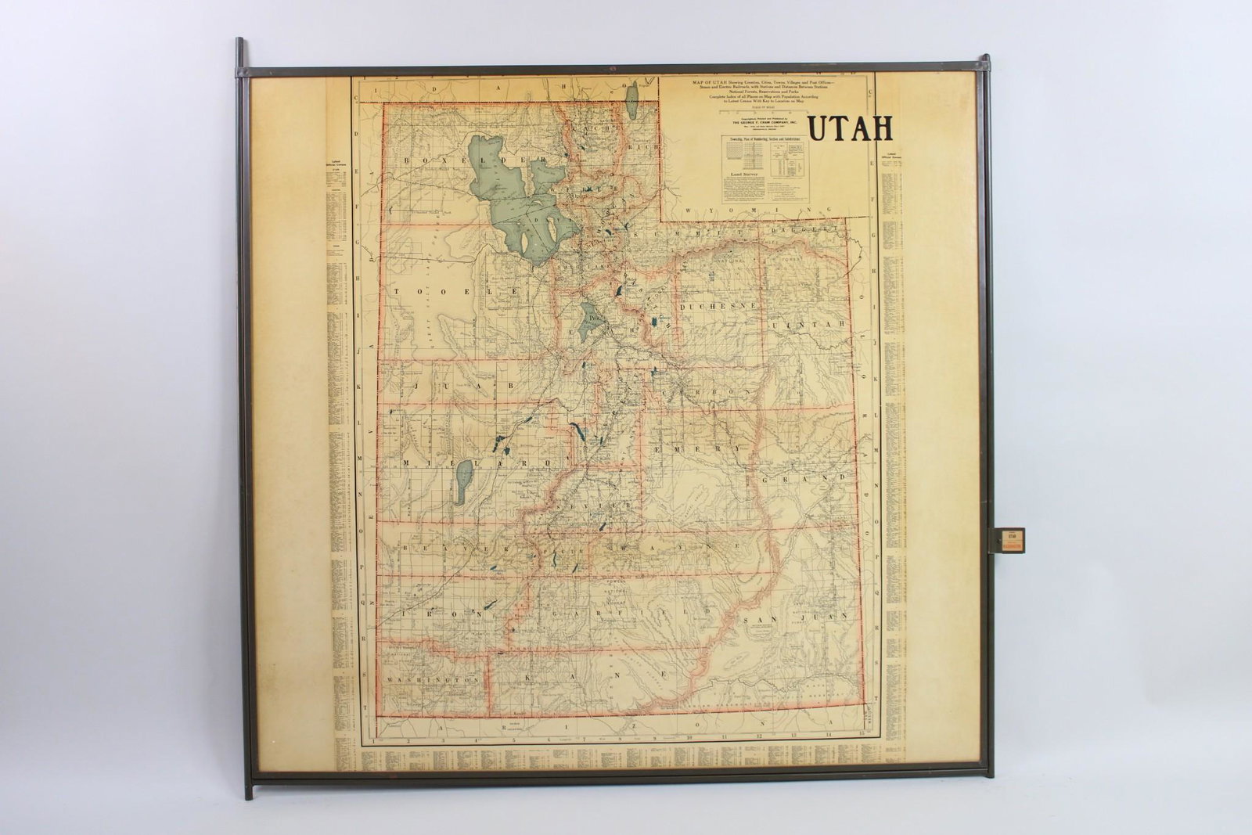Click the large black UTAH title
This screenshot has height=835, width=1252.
pyautogui.click(x=850, y=128)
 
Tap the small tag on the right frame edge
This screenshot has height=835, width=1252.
pyautogui.click(x=1006, y=540)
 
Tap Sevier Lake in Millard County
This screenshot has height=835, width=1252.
pyautogui.click(x=464, y=482)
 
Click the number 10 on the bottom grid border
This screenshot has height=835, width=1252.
pyautogui.click(x=689, y=736)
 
